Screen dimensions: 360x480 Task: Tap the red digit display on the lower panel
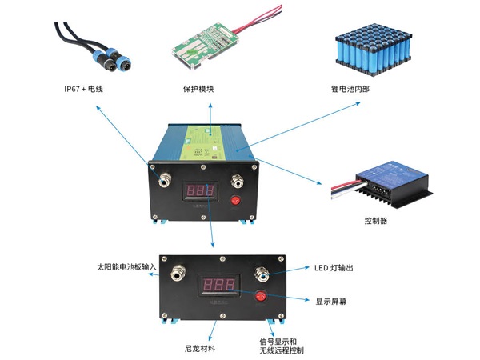(219, 286)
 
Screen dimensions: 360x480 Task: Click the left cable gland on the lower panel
(175, 274)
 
